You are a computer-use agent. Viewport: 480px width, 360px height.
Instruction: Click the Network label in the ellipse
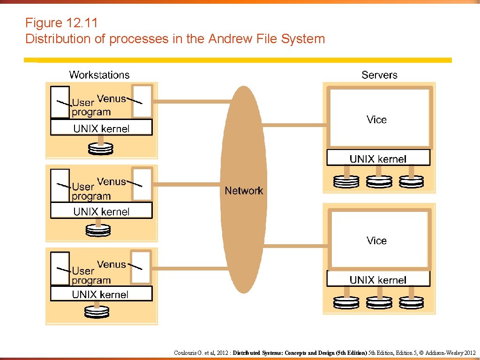[244, 191]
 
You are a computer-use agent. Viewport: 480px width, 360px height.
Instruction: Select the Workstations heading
[99, 75]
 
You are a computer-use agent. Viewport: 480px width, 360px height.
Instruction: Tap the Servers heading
[379, 75]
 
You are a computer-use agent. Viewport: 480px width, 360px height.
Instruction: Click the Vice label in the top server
[376, 120]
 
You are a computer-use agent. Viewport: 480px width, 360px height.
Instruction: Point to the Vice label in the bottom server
[376, 241]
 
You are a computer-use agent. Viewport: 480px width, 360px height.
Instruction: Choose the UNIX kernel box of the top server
[378, 158]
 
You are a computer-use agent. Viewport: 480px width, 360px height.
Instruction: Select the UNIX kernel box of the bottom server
[378, 280]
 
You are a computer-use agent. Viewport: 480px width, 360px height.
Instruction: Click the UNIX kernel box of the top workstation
[101, 128]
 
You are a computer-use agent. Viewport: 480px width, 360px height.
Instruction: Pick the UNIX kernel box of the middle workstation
[101, 211]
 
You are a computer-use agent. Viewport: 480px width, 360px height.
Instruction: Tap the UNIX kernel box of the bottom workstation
[101, 294]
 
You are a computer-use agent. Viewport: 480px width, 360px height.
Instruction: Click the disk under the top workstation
[101, 149]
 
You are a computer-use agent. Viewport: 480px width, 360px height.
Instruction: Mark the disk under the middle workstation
[98, 230]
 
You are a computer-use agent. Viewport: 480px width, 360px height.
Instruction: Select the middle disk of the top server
[379, 181]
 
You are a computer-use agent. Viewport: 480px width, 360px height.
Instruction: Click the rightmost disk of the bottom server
[411, 303]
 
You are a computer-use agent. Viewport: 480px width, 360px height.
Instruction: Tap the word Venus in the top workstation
[111, 99]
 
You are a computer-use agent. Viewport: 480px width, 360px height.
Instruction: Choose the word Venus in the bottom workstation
[111, 265]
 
